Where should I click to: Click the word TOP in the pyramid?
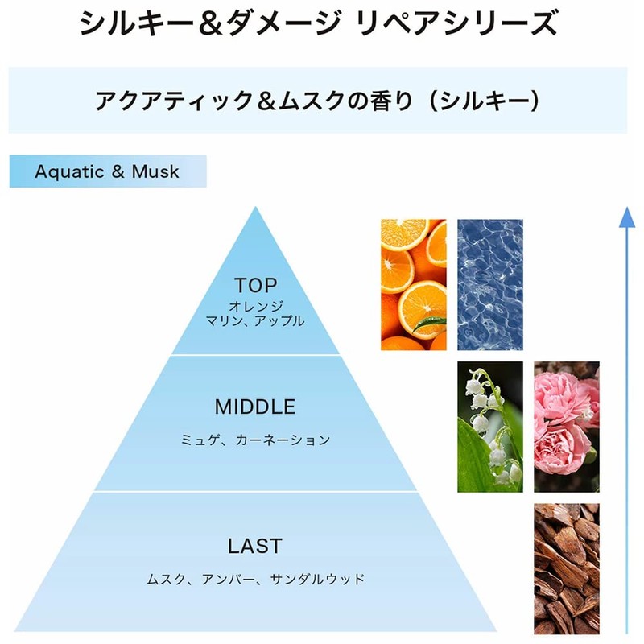click(255, 286)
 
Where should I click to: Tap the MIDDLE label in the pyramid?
click(255, 407)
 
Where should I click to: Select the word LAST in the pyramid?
click(255, 546)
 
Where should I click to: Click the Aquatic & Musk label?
click(107, 171)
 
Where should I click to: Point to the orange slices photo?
click(414, 285)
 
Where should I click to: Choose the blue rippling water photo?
click(490, 285)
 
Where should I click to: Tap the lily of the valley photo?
click(490, 427)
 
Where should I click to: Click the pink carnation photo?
click(567, 427)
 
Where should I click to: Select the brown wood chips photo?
click(567, 569)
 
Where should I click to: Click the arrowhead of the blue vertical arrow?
click(627, 217)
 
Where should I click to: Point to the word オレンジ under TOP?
click(256, 307)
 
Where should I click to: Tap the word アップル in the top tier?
click(279, 320)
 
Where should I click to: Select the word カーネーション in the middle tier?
click(283, 440)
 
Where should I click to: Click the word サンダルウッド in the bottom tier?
click(317, 579)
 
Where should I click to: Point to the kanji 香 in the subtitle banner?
click(381, 101)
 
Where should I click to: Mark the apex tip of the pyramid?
click(255, 207)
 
